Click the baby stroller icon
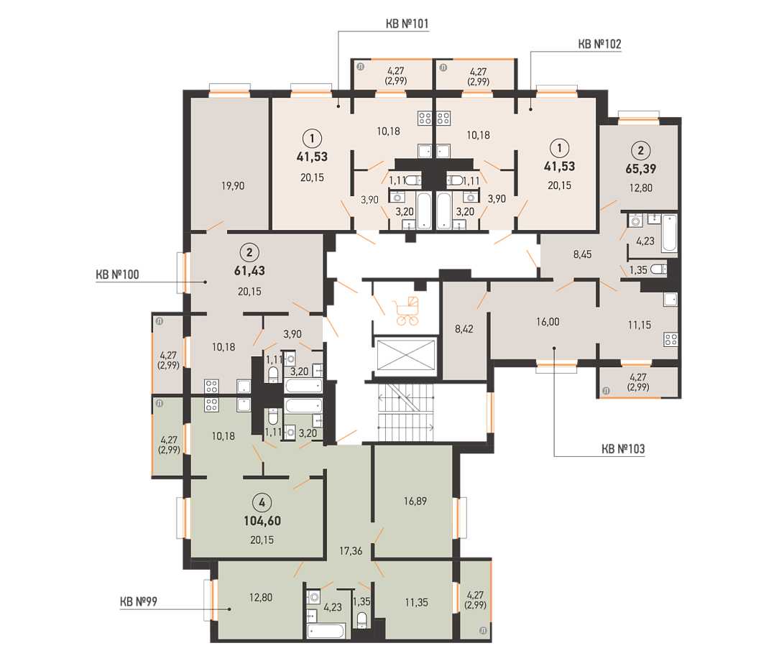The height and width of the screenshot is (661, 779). [x=406, y=311]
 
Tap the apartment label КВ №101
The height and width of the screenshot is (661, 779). [x=407, y=24]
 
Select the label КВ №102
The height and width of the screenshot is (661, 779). [x=599, y=45]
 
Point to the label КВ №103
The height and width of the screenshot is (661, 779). [x=623, y=449]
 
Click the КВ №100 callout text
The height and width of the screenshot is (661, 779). [x=117, y=274]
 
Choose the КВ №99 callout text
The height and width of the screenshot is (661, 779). [x=139, y=602]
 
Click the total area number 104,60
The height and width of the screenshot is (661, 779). [x=262, y=521]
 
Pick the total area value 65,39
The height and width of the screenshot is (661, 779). [x=640, y=169]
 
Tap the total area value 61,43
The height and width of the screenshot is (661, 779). [x=249, y=271]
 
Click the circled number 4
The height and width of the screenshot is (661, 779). [x=262, y=503]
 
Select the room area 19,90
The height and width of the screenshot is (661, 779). [x=233, y=186]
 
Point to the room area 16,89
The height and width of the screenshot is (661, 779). [x=415, y=501]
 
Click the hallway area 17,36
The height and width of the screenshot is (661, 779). [x=351, y=551]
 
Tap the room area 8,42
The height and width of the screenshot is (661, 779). [x=464, y=329]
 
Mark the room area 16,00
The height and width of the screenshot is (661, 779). [x=548, y=322]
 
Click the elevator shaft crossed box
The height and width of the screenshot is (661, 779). [x=406, y=355]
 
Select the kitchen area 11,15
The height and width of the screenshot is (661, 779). [x=640, y=325]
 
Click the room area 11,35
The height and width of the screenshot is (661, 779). [x=416, y=602]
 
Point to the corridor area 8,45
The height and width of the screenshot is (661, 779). [x=582, y=254]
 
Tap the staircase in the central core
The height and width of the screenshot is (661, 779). [x=406, y=412]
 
